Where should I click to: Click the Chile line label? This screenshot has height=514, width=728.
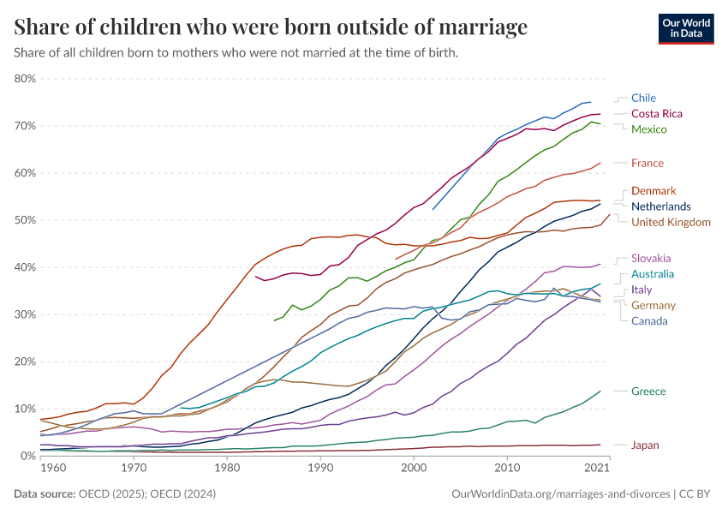pos(643,98)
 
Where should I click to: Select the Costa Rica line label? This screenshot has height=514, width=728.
pos(656,113)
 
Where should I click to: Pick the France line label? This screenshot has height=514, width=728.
pos(647,163)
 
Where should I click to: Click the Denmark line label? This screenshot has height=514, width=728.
pos(653,190)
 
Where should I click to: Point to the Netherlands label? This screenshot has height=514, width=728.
pos(660,206)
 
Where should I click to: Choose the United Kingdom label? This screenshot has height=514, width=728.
pos(671,222)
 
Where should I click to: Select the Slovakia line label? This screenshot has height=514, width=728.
pos(650,258)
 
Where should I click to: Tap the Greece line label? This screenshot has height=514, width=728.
pos(647,391)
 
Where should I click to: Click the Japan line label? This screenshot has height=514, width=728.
pos(645,445)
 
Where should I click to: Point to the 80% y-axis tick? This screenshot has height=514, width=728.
pos(25,79)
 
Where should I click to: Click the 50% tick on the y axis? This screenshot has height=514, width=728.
pos(25,220)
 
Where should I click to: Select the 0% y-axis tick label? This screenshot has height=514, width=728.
pos(27,456)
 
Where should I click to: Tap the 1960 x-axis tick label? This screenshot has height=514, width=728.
pos(52,469)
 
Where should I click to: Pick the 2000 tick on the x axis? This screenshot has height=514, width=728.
pos(414,469)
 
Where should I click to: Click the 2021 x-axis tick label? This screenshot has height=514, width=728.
pos(597,469)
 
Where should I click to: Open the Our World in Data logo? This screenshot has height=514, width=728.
pos(686,28)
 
